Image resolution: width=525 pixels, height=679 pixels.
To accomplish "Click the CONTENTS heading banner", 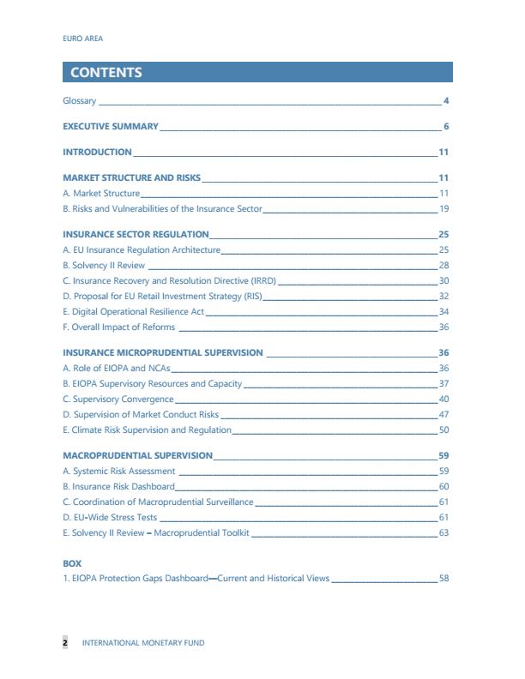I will (256, 72).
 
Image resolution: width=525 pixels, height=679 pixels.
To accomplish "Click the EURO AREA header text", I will (83, 39).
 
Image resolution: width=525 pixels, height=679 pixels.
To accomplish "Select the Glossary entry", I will (80, 101).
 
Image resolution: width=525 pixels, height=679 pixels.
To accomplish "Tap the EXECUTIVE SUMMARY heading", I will (111, 127).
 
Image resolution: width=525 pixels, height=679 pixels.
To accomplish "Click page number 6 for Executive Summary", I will (446, 127).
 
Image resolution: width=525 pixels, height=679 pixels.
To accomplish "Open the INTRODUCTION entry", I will (97, 153).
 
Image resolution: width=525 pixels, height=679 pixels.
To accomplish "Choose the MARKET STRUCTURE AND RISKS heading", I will (131, 178).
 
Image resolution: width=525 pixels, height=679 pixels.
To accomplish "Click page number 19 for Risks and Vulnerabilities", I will (444, 209).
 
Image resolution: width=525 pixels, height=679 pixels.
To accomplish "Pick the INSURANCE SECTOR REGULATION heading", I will (136, 234).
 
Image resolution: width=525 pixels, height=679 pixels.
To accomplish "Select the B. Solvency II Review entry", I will (104, 266).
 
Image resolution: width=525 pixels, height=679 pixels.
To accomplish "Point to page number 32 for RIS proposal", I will (444, 297).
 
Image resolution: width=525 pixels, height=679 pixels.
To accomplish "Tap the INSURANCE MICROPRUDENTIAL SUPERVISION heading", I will (163, 352).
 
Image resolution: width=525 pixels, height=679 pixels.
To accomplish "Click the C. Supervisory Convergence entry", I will (118, 400).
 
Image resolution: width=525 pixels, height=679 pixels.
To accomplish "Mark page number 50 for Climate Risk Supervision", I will (444, 430).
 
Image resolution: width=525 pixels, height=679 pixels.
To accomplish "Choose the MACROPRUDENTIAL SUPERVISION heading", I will (137, 455).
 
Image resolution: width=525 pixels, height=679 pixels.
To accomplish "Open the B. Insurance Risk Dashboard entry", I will (119, 486).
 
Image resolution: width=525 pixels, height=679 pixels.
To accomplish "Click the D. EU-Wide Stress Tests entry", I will (110, 518).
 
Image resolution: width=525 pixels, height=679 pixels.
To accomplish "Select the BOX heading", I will (72, 563).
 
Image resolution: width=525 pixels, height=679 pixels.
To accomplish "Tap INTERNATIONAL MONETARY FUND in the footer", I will (142, 642).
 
